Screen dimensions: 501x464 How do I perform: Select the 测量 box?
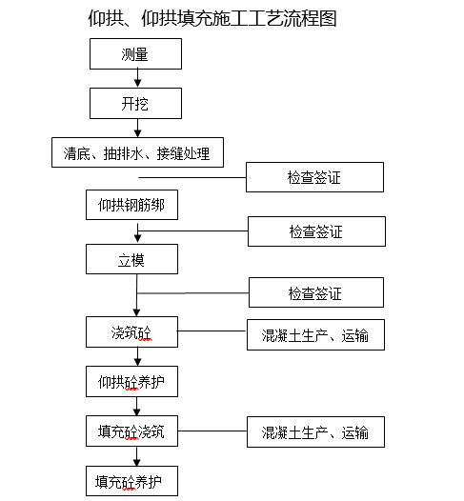134,54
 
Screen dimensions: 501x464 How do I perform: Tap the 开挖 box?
134,102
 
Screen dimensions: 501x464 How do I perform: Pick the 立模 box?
132,257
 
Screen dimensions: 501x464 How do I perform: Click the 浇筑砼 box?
131,333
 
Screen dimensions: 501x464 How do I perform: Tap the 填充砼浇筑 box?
131,431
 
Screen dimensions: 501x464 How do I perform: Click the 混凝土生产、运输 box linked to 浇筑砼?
315,335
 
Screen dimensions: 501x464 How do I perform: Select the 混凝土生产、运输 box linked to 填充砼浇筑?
315,432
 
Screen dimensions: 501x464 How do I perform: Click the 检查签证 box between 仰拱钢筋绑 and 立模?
316,231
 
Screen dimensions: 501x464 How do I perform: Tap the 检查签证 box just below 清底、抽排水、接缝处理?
314,178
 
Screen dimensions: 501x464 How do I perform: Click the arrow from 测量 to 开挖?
135,78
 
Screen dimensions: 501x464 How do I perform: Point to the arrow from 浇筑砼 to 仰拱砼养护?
135,357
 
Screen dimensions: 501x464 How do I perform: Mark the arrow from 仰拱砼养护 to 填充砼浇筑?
135,407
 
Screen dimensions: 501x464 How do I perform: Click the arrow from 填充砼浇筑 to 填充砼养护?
135,456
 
